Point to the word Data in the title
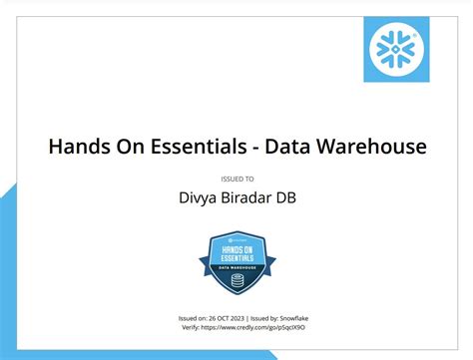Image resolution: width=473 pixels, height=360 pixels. [x=292, y=147]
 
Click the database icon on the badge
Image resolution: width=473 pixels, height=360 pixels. [x=236, y=281]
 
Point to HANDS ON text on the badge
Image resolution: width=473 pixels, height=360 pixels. [x=237, y=245]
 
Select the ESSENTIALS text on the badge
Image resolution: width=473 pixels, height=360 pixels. [x=237, y=255]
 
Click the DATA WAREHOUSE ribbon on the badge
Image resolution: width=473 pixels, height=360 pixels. [x=236, y=267]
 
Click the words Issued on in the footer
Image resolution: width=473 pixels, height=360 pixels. [x=190, y=317]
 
